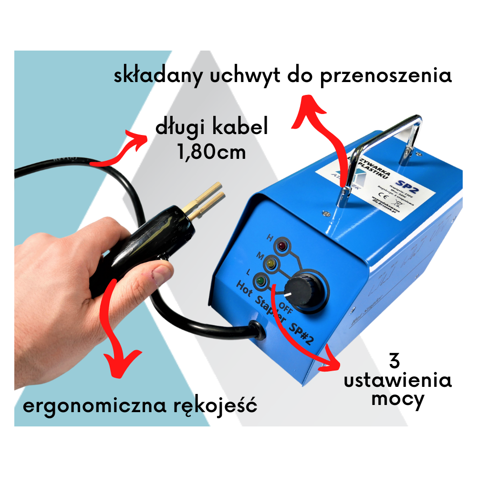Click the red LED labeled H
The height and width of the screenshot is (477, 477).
[x=282, y=247]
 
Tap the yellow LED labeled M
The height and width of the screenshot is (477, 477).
[x=271, y=264]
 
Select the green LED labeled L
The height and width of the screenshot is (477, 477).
[x=260, y=281]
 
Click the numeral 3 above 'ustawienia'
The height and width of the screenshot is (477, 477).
[x=394, y=361]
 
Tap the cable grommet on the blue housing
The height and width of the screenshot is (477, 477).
[x=257, y=329]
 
